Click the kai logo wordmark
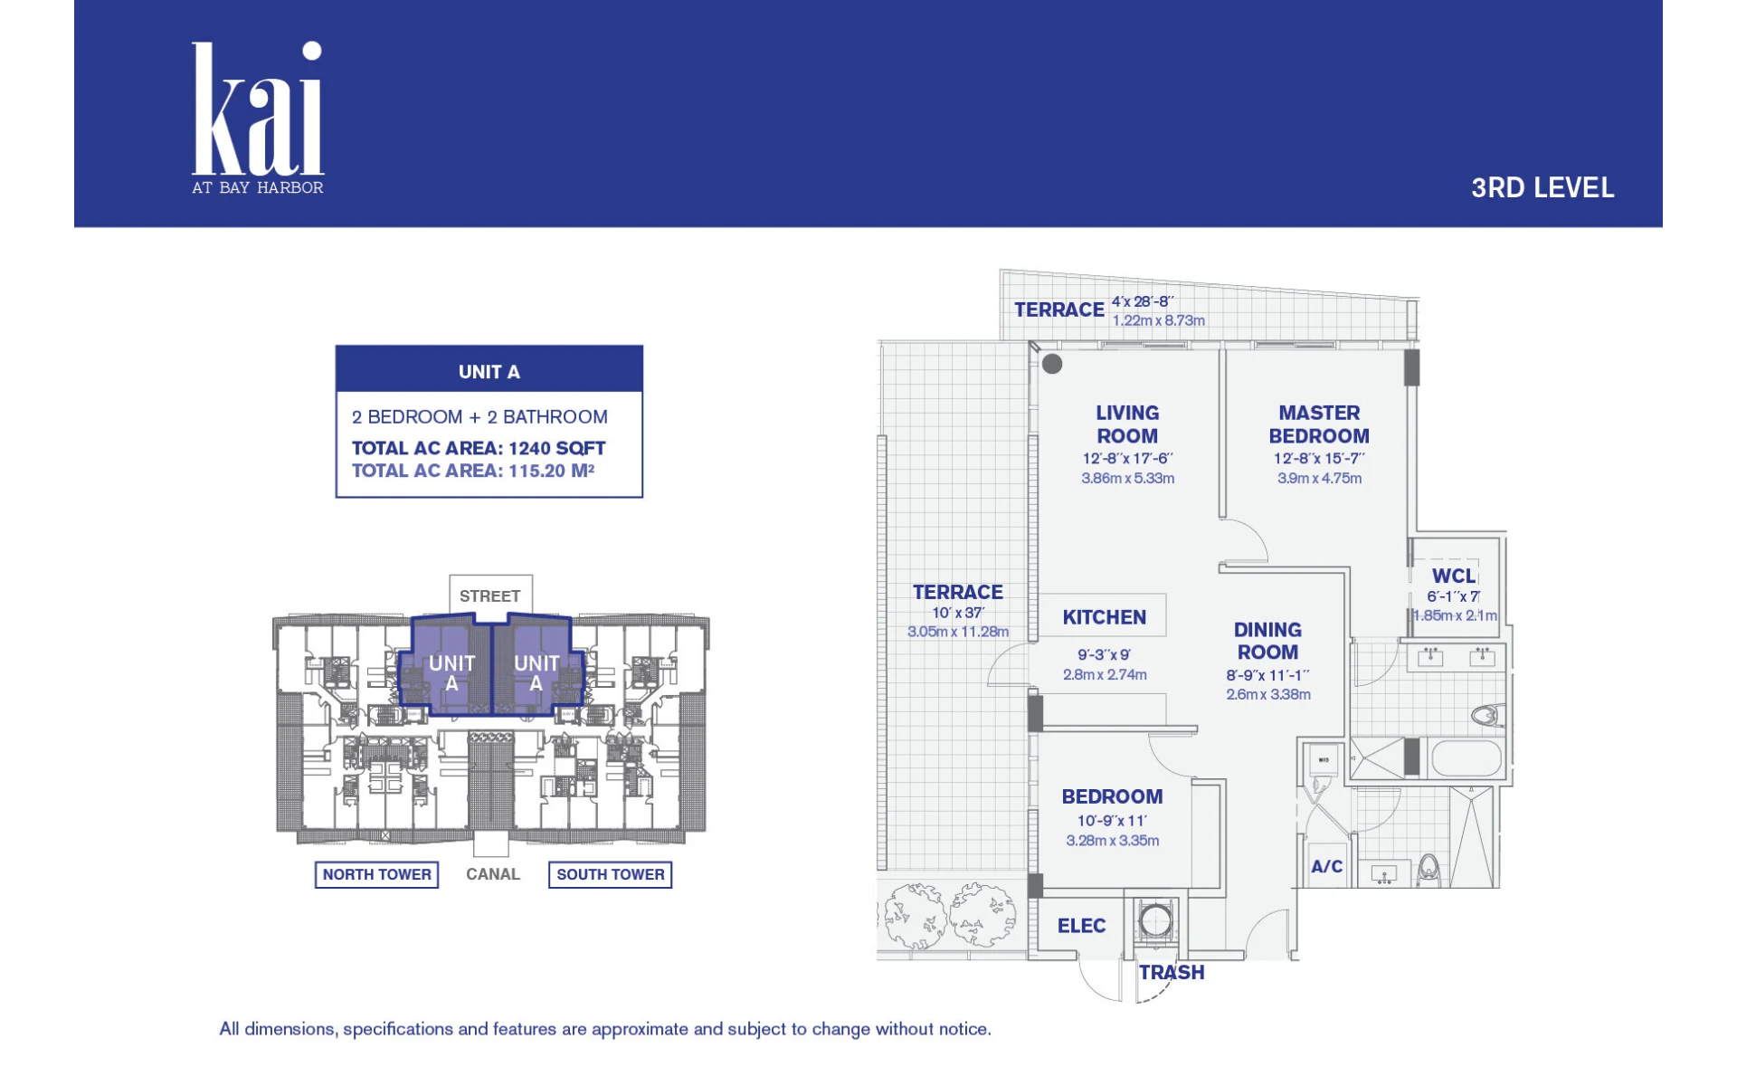point(258,109)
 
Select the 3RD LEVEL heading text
point(1542,188)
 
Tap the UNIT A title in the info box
point(489,372)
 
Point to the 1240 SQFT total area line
point(479,448)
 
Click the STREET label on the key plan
point(489,596)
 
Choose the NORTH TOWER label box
point(376,874)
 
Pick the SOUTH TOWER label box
point(611,874)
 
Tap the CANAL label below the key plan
point(493,874)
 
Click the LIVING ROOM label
point(1127,424)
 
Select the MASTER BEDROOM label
point(1319,424)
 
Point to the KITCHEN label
point(1105,617)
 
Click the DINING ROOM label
point(1267,641)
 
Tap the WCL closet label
point(1454,576)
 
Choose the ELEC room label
point(1082,926)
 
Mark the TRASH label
point(1172,973)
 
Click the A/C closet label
point(1327,867)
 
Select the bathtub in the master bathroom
point(1466,758)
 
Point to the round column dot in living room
point(1052,364)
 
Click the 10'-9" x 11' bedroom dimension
point(1112,821)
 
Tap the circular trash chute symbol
point(1155,921)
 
